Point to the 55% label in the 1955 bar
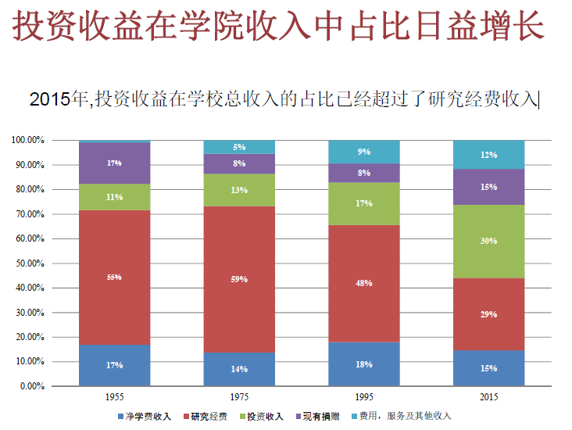pyautogui.click(x=115, y=278)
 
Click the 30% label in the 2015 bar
pyautogui.click(x=489, y=241)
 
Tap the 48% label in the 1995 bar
pyautogui.click(x=364, y=283)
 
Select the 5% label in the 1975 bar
pyautogui.click(x=239, y=147)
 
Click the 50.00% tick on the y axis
pyautogui.click(x=28, y=263)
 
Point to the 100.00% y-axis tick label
pyautogui.click(x=28, y=140)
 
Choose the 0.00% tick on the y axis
pyautogui.click(x=31, y=386)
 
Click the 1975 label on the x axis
pyautogui.click(x=239, y=398)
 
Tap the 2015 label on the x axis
pyautogui.click(x=489, y=398)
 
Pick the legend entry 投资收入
pyautogui.click(x=265, y=416)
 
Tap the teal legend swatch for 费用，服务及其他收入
pyautogui.click(x=353, y=416)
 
